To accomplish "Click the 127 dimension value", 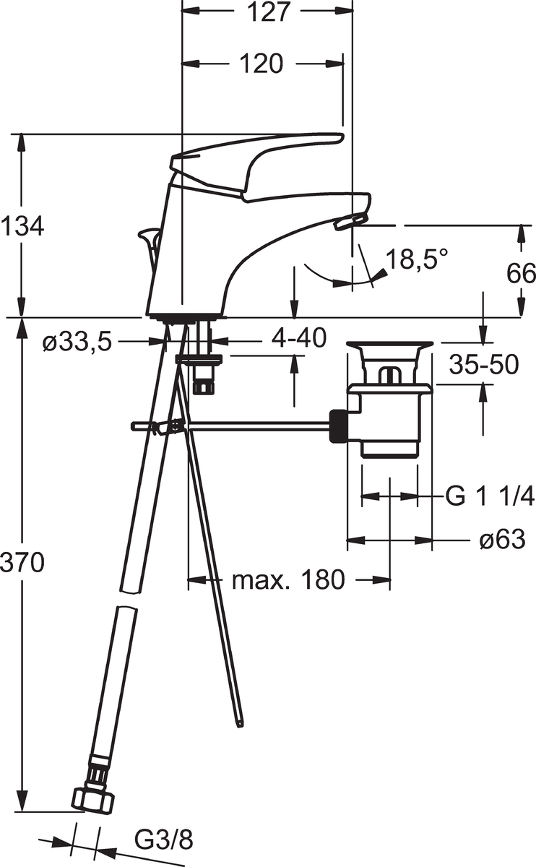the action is click(x=268, y=12).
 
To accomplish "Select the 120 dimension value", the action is click(x=261, y=63).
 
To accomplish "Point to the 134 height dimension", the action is click(x=22, y=226).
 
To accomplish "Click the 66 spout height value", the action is click(x=521, y=273).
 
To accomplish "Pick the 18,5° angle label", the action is click(x=418, y=259).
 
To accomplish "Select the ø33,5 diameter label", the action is click(x=77, y=342).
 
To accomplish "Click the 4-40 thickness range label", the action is click(x=298, y=337).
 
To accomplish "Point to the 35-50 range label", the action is click(x=484, y=365).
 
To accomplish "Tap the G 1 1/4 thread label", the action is click(x=490, y=496).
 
